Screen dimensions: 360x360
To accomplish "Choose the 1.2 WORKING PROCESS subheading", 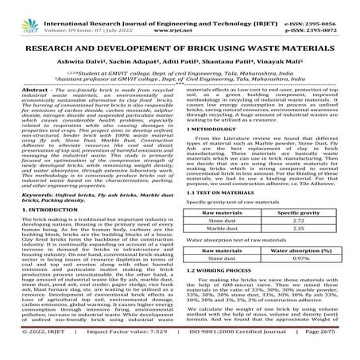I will [x=225, y=295].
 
